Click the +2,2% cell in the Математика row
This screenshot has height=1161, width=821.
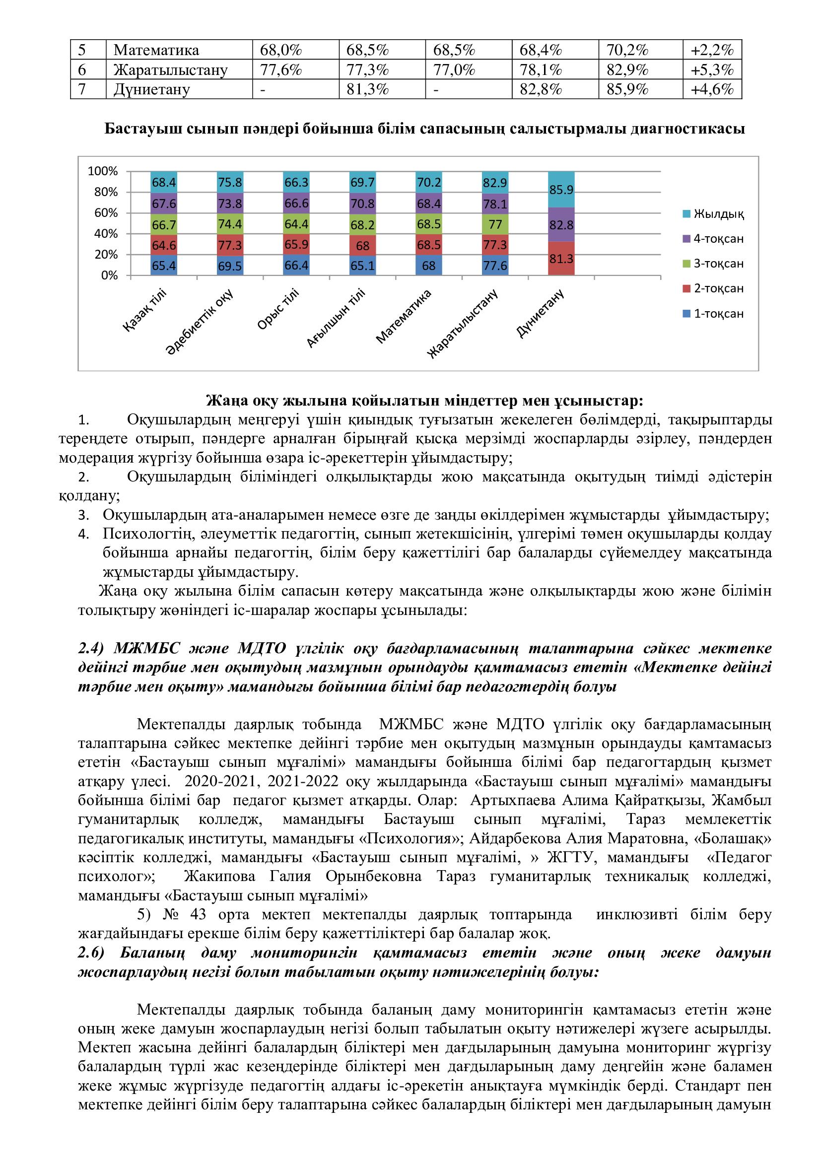pyautogui.click(x=712, y=50)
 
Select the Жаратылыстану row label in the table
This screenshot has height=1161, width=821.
pyautogui.click(x=170, y=70)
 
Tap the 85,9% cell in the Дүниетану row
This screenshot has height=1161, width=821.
pyautogui.click(x=627, y=89)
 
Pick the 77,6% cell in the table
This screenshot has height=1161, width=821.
pyautogui.click(x=280, y=70)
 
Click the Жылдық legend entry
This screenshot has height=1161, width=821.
pyautogui.click(x=718, y=214)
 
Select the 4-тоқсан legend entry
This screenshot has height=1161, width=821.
pyautogui.click(x=718, y=239)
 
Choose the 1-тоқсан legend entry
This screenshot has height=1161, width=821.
pyautogui.click(x=718, y=314)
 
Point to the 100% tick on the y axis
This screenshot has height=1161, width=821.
pyautogui.click(x=103, y=171)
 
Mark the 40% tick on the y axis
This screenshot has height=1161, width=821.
pyautogui.click(x=106, y=234)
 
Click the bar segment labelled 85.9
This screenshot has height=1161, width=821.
pyautogui.click(x=561, y=190)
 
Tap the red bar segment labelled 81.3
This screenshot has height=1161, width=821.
pyautogui.click(x=561, y=259)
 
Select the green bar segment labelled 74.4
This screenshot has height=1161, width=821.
pyautogui.click(x=230, y=224)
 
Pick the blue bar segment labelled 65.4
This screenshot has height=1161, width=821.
pyautogui.click(x=164, y=266)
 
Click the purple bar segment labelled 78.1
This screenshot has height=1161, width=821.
pyautogui.click(x=495, y=204)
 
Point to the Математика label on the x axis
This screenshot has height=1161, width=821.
pyautogui.click(x=404, y=317)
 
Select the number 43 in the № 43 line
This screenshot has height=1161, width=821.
pyautogui.click(x=198, y=914)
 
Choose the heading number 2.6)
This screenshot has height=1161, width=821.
pyautogui.click(x=91, y=953)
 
